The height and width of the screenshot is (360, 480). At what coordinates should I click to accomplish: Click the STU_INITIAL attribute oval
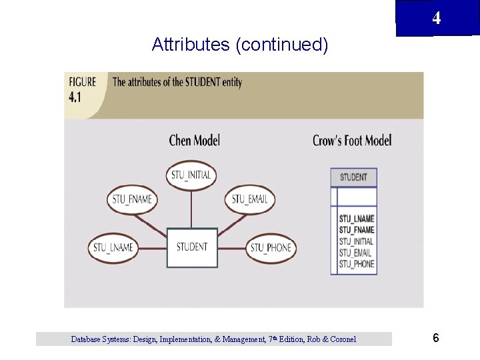pyautogui.click(x=191, y=175)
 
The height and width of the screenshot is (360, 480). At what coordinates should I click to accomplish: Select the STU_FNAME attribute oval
pyautogui.click(x=132, y=199)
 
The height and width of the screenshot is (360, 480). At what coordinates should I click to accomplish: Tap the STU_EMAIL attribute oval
pyautogui.click(x=249, y=199)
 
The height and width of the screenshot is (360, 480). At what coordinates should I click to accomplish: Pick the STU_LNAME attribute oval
pyautogui.click(x=113, y=248)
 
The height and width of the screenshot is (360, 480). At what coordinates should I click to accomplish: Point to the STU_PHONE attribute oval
pyautogui.click(x=271, y=248)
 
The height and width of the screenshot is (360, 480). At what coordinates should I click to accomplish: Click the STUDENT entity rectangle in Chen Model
pyautogui.click(x=192, y=247)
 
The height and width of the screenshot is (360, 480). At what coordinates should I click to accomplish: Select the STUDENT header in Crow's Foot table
pyautogui.click(x=353, y=177)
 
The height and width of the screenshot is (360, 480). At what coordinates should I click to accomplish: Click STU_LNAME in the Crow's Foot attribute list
pyautogui.click(x=357, y=219)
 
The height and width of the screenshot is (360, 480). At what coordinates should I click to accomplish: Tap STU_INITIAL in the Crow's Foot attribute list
pyautogui.click(x=356, y=241)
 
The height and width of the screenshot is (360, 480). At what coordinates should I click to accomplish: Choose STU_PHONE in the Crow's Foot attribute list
pyautogui.click(x=357, y=264)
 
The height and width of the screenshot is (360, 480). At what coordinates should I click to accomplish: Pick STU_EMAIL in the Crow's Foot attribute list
pyautogui.click(x=355, y=253)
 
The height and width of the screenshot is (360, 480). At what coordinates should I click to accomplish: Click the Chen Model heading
pyautogui.click(x=194, y=140)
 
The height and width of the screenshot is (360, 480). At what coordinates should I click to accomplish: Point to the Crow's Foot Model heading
pyautogui.click(x=352, y=140)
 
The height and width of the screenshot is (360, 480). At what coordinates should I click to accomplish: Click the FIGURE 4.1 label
pyautogui.click(x=82, y=89)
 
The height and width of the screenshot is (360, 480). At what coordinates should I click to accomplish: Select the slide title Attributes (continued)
pyautogui.click(x=240, y=45)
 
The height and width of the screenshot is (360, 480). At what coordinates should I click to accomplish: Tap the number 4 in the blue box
pyautogui.click(x=436, y=19)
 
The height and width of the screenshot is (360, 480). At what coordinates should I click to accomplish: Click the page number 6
pyautogui.click(x=436, y=338)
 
